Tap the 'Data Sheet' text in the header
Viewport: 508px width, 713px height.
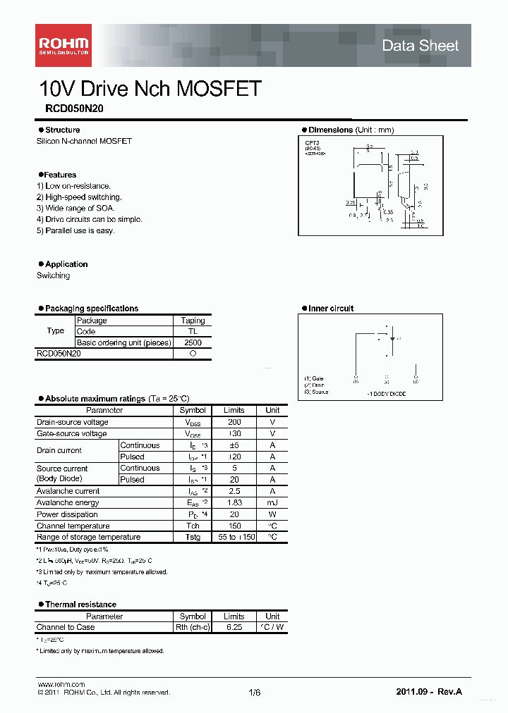(x=420, y=46)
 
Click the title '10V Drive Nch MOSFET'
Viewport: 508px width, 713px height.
(x=150, y=89)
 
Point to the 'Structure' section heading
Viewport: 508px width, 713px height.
(x=62, y=130)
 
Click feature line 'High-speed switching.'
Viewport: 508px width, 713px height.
(x=79, y=197)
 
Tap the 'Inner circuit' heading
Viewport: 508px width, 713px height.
(x=331, y=309)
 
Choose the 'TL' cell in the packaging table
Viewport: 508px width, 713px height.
(x=193, y=331)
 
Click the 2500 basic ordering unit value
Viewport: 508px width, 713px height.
(x=193, y=342)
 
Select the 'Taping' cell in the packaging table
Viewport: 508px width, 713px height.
(x=193, y=321)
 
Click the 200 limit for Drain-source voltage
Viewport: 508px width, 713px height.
(x=234, y=422)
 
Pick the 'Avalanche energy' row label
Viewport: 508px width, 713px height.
(x=68, y=502)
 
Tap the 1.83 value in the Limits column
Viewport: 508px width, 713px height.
(x=234, y=502)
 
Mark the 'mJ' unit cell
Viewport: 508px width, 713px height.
(x=272, y=502)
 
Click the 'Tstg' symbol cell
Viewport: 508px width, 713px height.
(x=193, y=537)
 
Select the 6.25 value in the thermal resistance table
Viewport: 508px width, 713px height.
(x=234, y=627)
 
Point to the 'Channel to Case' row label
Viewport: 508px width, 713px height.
(x=66, y=627)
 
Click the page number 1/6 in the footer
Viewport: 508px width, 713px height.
(x=255, y=693)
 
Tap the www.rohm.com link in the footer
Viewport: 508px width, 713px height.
(x=61, y=684)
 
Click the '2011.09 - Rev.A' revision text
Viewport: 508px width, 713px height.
(x=429, y=692)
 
